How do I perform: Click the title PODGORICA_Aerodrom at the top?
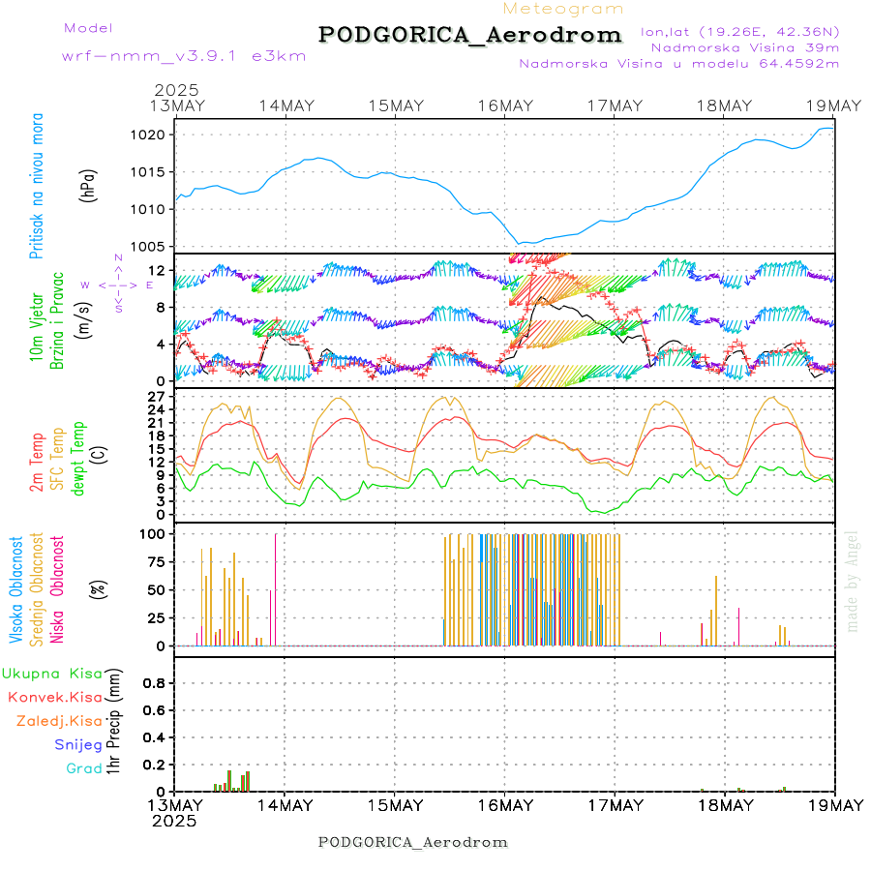(469, 35)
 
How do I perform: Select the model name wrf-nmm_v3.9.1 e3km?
(183, 56)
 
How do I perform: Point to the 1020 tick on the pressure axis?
(148, 135)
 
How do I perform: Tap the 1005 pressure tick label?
(148, 246)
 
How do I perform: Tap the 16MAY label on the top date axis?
(504, 105)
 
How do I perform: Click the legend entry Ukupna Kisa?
(51, 673)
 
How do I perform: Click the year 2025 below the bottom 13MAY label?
(175, 821)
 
